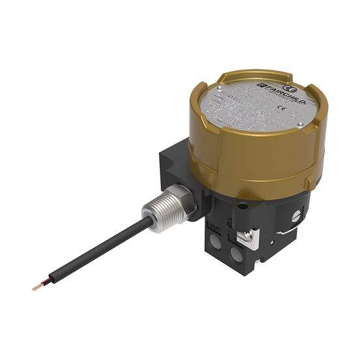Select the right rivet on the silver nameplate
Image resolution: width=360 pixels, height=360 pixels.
click(x=299, y=125)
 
